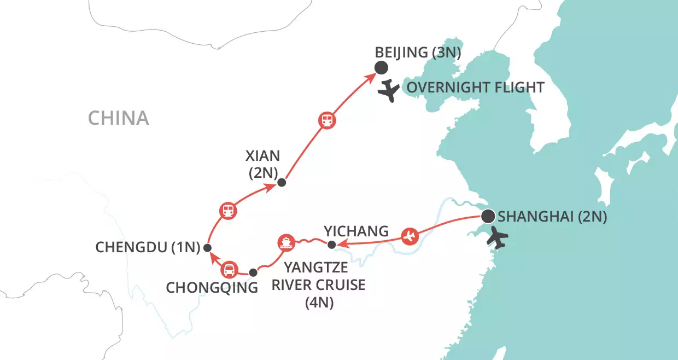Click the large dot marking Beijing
pos(381,68)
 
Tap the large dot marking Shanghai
pos(488,216)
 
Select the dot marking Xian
pos(282,183)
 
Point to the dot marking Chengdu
pos(207,248)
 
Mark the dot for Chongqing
pos(253,272)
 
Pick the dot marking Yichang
pos(331,245)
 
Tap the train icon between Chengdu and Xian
pos(227,210)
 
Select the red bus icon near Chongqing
pos(230,269)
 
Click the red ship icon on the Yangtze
pos(286,242)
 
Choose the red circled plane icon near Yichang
pos(410,236)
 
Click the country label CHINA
pos(119,118)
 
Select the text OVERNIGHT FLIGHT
pos(476,87)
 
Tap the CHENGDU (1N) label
pos(145,247)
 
